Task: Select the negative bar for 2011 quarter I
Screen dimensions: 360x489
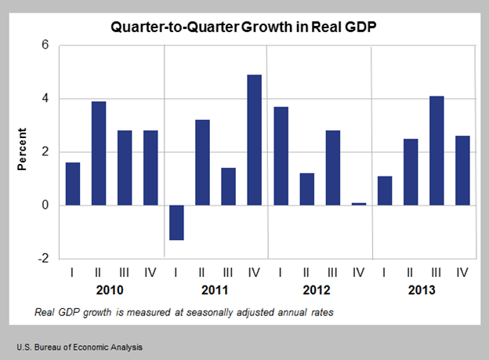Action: pyautogui.click(x=176, y=223)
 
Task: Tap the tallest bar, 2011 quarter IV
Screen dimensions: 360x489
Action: pyautogui.click(x=254, y=140)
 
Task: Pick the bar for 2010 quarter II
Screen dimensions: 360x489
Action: pyautogui.click(x=99, y=153)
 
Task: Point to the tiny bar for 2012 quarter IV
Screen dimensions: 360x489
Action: pyautogui.click(x=358, y=204)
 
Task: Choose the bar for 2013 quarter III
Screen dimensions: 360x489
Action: pyautogui.click(x=436, y=151)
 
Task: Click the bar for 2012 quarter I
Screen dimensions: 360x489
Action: pyautogui.click(x=281, y=156)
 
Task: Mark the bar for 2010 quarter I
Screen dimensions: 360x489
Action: pyautogui.click(x=73, y=184)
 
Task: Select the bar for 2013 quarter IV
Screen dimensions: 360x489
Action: pyautogui.click(x=462, y=170)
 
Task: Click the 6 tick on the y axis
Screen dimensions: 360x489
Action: pyautogui.click(x=45, y=45)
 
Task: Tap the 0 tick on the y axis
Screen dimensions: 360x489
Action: pyautogui.click(x=45, y=205)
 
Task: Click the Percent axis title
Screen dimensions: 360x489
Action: pyautogui.click(x=21, y=151)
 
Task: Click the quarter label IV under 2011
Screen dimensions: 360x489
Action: pyautogui.click(x=254, y=272)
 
